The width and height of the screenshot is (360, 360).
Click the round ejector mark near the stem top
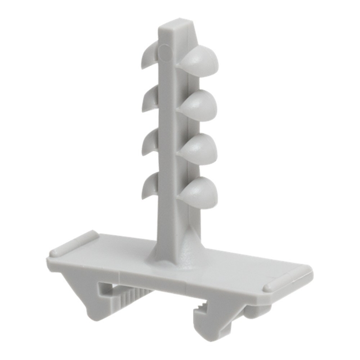click(x=165, y=54)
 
